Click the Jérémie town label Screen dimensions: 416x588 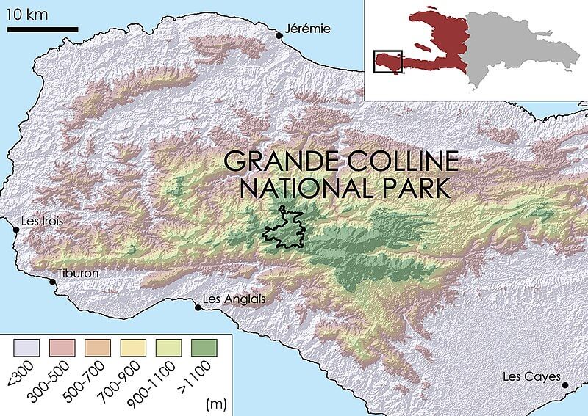point(307,29)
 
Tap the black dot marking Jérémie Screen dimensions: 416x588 point(279,34)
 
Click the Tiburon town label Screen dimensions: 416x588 point(78,274)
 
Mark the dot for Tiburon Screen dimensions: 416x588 point(52,281)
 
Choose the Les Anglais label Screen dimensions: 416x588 point(233,299)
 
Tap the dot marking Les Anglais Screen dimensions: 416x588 point(198,307)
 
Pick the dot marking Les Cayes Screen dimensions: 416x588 point(564,385)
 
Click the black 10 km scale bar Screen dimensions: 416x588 point(43,29)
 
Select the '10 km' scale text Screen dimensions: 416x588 point(27,13)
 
